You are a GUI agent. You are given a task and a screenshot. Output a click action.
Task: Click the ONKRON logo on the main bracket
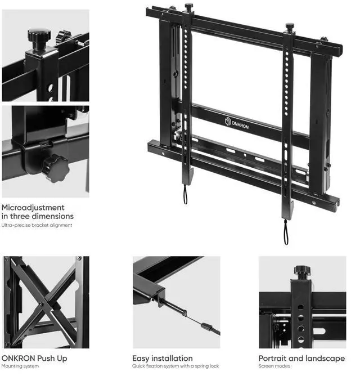236,123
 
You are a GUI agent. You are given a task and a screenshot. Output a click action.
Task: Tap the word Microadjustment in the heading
33,207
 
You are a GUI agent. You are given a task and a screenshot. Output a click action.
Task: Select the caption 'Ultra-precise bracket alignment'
37,225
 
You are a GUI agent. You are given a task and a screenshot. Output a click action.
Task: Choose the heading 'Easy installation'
162,358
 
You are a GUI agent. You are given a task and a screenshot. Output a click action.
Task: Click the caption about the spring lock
176,366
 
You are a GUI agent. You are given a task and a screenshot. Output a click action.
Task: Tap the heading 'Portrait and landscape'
301,358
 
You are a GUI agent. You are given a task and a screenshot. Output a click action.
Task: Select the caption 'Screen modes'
275,366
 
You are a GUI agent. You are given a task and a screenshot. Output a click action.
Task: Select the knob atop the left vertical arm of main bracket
188,8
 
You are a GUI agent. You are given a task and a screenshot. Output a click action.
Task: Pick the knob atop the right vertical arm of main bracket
290,26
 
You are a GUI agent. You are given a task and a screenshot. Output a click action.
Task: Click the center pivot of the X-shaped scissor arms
41,305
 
